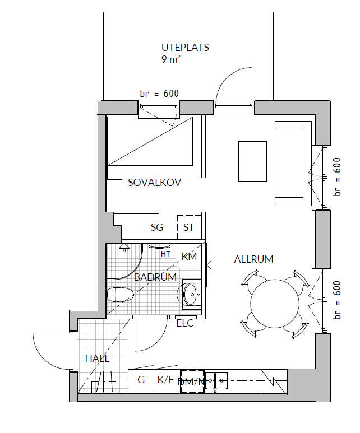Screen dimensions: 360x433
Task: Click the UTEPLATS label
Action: click(x=185, y=48)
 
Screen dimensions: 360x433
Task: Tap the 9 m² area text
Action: click(x=171, y=59)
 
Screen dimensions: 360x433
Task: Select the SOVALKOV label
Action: click(x=154, y=183)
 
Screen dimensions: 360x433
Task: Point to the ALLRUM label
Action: click(x=253, y=259)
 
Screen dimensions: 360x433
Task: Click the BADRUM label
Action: click(x=155, y=277)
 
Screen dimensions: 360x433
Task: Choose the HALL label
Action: click(x=98, y=358)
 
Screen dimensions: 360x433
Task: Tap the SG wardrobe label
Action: click(x=157, y=227)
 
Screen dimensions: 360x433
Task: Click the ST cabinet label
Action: click(x=188, y=227)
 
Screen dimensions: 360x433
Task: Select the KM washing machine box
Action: click(x=189, y=256)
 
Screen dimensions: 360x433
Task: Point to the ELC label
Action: click(x=184, y=323)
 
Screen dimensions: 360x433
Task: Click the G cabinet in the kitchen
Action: click(x=141, y=381)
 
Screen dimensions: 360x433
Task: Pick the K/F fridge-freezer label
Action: click(x=165, y=380)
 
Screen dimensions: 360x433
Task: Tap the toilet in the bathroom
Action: click(x=120, y=295)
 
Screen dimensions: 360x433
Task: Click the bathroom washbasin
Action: click(x=191, y=294)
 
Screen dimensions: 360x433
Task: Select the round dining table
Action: click(x=275, y=304)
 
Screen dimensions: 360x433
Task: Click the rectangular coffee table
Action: click(x=253, y=161)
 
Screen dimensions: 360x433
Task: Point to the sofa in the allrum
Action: click(x=293, y=163)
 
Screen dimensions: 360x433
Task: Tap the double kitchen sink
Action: click(x=216, y=380)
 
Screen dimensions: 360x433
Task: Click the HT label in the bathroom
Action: click(x=165, y=254)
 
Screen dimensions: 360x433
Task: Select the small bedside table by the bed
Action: click(x=115, y=173)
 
